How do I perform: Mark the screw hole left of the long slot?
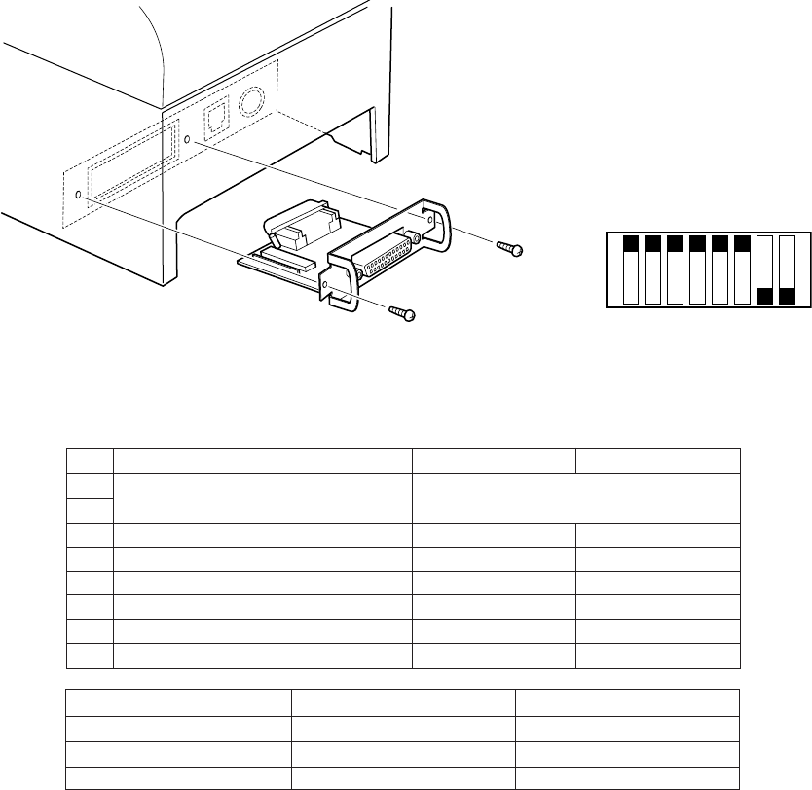pos(79,196)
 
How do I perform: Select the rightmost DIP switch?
pos(788,269)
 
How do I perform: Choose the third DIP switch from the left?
pos(675,269)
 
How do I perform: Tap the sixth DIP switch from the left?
pos(742,269)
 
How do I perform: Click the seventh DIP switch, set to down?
pos(765,269)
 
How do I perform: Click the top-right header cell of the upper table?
pos(657,460)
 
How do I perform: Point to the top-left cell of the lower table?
pos(179,703)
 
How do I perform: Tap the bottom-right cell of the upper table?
pos(657,657)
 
